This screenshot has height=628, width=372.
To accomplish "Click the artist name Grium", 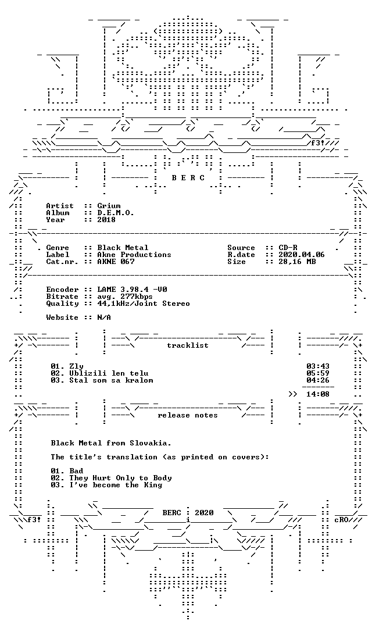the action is coord(109,206).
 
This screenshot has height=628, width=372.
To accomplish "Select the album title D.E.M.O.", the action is coord(115,213).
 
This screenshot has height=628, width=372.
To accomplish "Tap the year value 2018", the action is coord(106,219).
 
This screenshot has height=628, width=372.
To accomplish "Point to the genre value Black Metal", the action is coord(123,248).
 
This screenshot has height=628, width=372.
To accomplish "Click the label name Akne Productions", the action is coord(134,255).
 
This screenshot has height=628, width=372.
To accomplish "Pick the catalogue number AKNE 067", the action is coord(116,262).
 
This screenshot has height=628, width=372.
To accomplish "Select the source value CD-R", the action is coord(288,248).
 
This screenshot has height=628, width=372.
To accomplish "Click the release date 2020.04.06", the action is coord(302,255).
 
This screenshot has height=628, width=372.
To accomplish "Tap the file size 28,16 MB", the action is coord(297,262).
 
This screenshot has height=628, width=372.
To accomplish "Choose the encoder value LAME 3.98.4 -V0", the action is coord(132,290).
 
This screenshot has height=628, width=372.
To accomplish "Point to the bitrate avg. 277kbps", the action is coord(125,297).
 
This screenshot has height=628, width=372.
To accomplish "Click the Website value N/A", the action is coord(104,317).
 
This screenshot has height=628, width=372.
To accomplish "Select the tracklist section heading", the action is coord(188,345).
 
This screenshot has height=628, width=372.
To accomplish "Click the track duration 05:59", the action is coord(318,373).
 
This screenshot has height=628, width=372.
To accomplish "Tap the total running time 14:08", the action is coord(318,394).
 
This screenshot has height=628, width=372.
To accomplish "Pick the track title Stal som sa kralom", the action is coord(111,380).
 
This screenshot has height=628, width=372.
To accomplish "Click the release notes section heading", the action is coord(188,415).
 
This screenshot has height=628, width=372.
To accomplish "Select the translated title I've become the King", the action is coord(116,485).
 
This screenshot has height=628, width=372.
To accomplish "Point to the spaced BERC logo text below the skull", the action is coord(188,178).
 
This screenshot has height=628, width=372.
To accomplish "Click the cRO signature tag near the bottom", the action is coord(341,520).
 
